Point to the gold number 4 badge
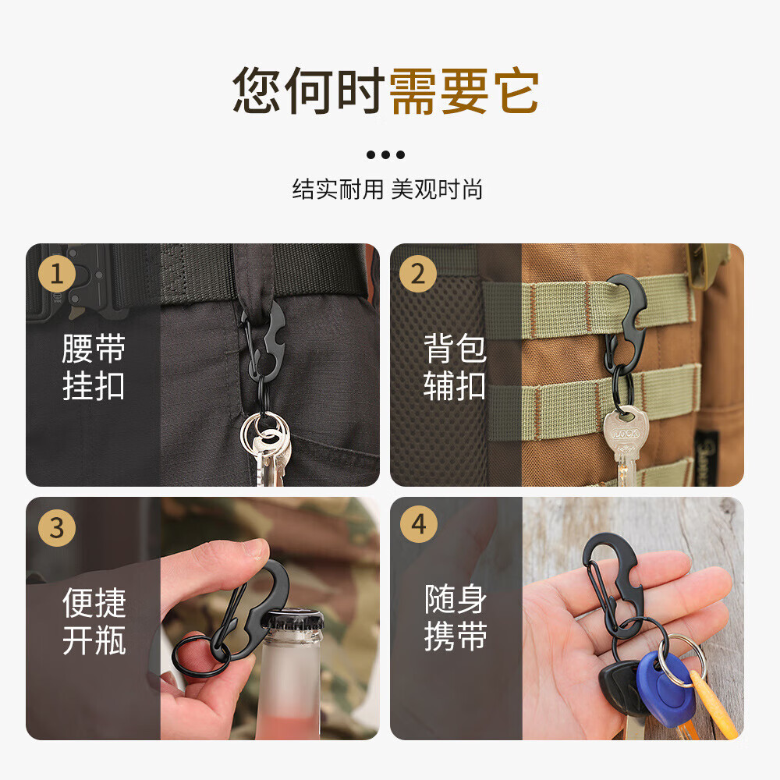click(419, 525)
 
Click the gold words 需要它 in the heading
click(464, 92)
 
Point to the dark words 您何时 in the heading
click(310, 92)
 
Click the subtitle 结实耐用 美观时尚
click(388, 190)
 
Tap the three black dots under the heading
click(386, 154)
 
